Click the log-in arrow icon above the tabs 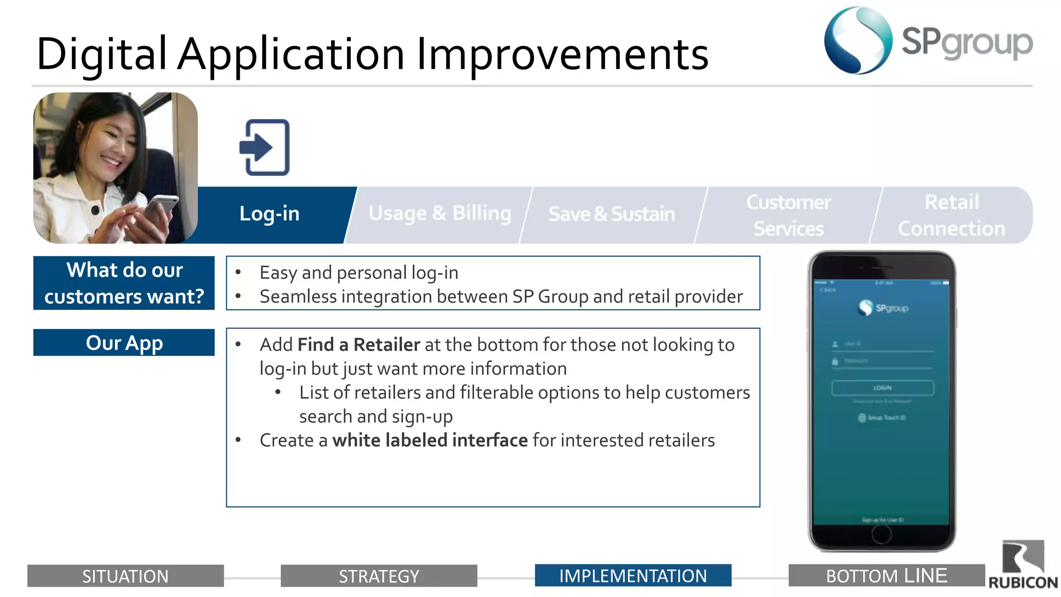(264, 148)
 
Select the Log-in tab (269, 214)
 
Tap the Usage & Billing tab (439, 214)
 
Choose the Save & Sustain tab (611, 214)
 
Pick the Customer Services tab (788, 215)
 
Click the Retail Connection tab (951, 215)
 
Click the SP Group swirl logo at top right (858, 40)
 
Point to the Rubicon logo (1023, 565)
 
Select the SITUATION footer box (125, 576)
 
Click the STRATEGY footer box (379, 576)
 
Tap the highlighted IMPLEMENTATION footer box (633, 575)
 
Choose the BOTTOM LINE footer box (886, 575)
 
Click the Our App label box (124, 343)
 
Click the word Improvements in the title (562, 54)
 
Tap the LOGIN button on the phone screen (882, 388)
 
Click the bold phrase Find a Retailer (359, 345)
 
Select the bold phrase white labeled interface (429, 440)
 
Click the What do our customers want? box (124, 283)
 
